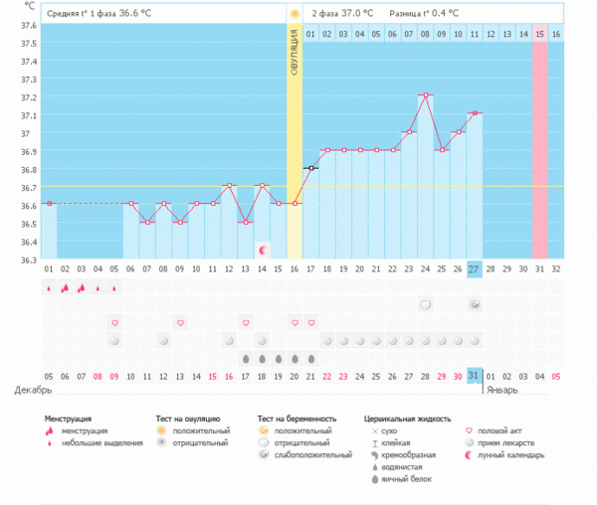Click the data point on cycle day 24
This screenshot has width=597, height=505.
(x=426, y=94)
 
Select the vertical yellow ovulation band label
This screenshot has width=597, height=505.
(x=295, y=60)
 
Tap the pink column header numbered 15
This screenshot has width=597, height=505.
(x=540, y=34)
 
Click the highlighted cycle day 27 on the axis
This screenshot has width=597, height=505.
(x=475, y=269)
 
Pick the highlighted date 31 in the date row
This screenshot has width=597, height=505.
(x=475, y=375)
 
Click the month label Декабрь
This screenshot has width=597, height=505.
(x=27, y=389)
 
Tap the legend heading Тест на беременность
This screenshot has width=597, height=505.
(x=297, y=420)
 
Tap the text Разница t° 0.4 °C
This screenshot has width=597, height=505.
(x=425, y=14)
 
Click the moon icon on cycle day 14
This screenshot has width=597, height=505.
(x=262, y=251)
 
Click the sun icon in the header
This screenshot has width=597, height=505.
(x=295, y=14)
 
